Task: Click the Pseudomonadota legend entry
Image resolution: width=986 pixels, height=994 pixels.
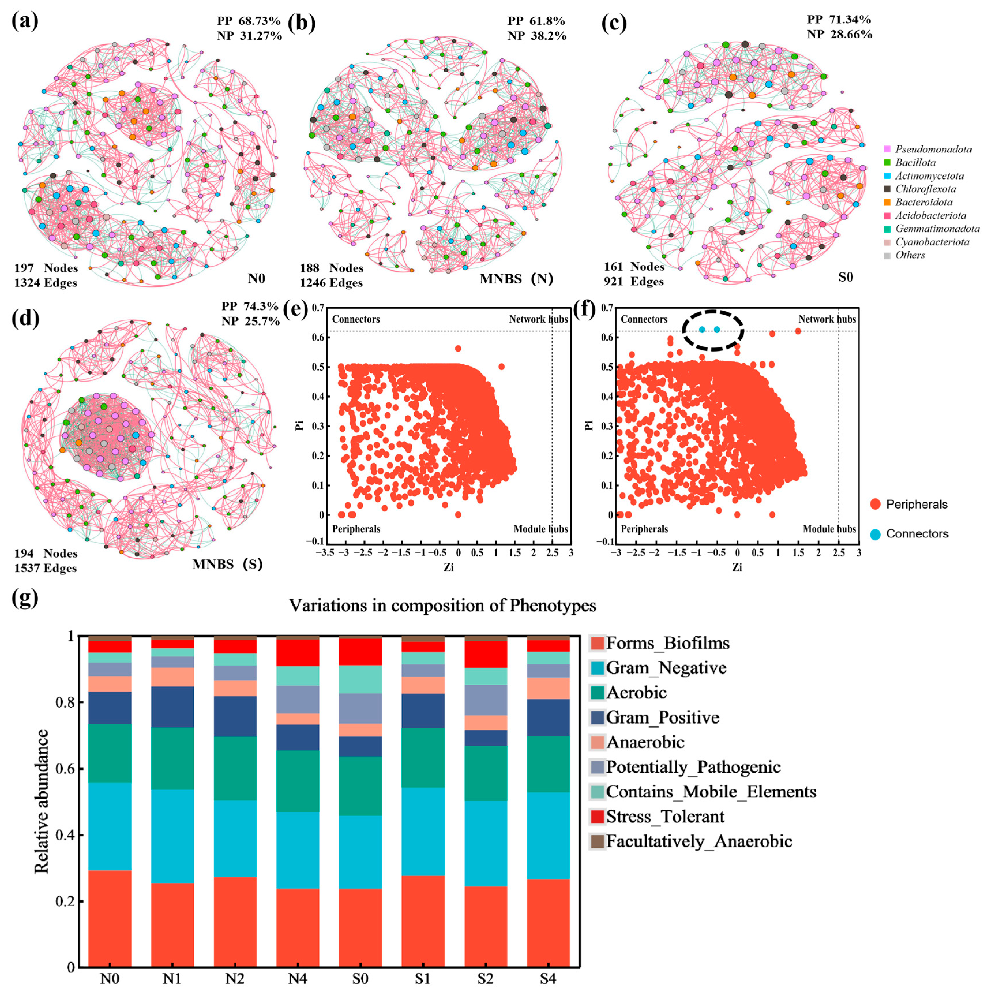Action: pyautogui.click(x=933, y=149)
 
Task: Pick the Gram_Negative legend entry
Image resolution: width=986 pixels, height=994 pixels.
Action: pyautogui.click(x=666, y=668)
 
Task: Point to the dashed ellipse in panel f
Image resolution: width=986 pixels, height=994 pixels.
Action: pyautogui.click(x=713, y=330)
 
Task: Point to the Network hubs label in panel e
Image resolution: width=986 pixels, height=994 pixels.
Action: pyautogui.click(x=538, y=319)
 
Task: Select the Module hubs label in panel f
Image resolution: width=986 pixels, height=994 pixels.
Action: pyautogui.click(x=829, y=529)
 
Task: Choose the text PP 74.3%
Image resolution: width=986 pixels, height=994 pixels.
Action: pyautogui.click(x=250, y=307)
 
